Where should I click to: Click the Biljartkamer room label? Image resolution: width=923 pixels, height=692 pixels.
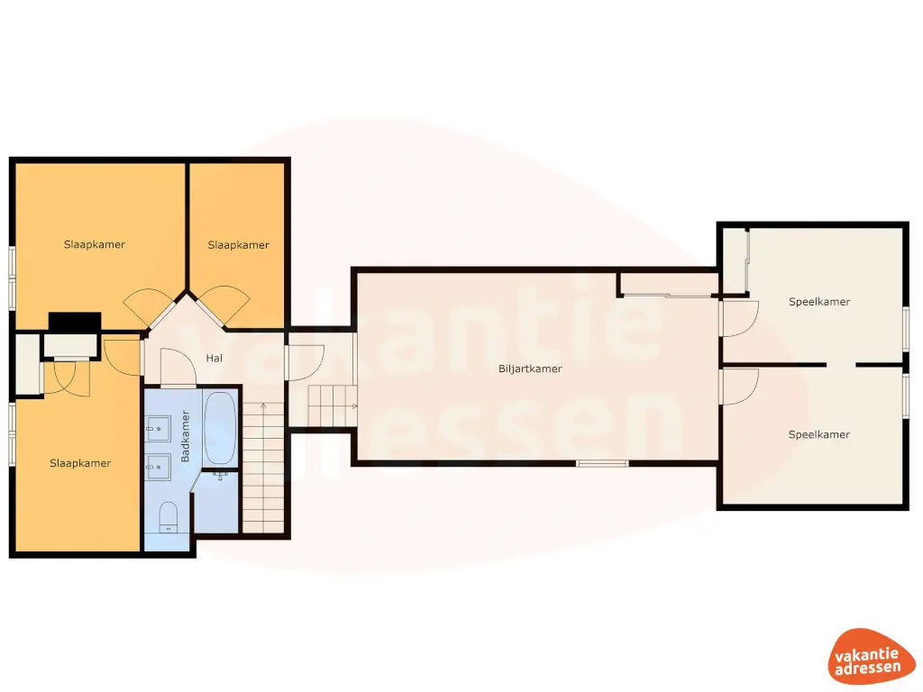tap(530, 369)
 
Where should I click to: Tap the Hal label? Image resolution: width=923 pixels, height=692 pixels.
tap(215, 358)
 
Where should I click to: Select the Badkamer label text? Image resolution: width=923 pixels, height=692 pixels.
tap(186, 436)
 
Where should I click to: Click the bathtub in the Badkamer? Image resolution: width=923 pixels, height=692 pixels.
tap(220, 428)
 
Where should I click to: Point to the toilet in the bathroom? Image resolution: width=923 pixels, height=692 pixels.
tap(169, 516)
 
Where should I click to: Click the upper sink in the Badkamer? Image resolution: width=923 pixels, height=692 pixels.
tap(158, 428)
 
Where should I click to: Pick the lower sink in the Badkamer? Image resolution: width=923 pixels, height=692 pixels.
tap(158, 468)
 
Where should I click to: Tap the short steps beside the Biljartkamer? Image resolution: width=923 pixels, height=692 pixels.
tap(333, 406)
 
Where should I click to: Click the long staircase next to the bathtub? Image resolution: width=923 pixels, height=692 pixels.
tap(263, 468)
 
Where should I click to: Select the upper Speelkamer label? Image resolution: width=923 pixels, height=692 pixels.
tap(819, 302)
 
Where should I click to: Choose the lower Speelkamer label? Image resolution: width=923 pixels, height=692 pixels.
tap(819, 435)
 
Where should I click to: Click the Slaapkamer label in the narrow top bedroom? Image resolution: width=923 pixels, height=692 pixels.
tap(238, 245)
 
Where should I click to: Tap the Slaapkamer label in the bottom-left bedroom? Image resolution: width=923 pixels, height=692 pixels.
tap(80, 463)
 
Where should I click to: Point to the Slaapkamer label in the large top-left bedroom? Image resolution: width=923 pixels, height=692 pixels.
tap(95, 244)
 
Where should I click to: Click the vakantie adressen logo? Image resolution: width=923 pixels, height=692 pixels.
tap(866, 656)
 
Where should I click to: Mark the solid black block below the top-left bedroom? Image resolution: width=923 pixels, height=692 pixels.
tap(75, 323)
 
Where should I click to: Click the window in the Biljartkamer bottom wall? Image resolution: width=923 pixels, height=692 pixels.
tap(602, 464)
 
